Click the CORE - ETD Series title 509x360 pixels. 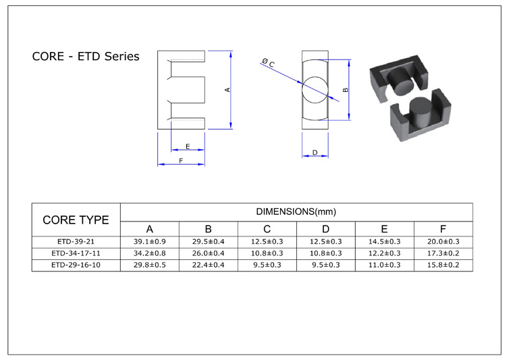[86, 56]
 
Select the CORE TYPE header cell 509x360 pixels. [76, 220]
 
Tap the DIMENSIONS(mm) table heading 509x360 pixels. [296, 211]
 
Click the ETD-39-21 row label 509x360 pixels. [76, 241]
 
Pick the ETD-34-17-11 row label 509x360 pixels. [76, 253]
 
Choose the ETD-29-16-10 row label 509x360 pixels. [76, 265]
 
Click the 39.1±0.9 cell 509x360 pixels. [150, 241]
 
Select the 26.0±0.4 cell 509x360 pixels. [209, 253]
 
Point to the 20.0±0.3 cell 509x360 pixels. [444, 241]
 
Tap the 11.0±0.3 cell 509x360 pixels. [385, 265]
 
